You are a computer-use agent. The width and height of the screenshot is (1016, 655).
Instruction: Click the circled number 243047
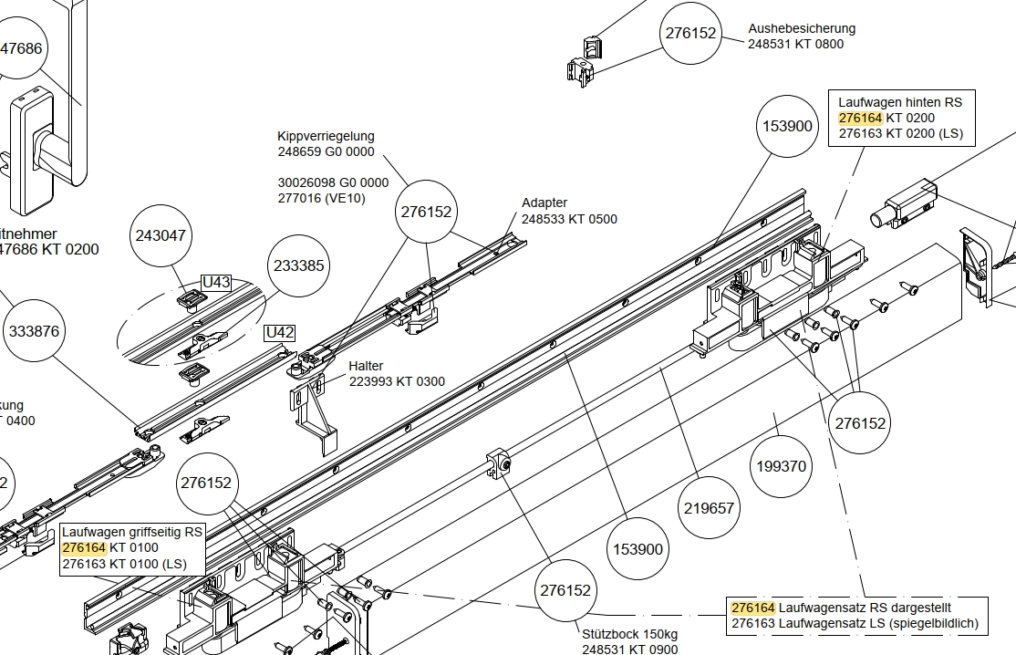click(161, 235)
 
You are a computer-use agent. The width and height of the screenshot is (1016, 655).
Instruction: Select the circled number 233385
click(299, 266)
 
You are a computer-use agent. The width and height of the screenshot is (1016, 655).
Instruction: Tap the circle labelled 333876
click(34, 332)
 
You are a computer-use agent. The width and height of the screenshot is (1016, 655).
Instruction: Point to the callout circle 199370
click(782, 466)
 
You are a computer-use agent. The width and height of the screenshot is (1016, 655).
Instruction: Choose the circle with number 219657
click(709, 508)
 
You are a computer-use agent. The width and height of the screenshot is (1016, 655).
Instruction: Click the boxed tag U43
click(215, 282)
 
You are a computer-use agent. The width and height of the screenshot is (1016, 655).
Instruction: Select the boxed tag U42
click(279, 333)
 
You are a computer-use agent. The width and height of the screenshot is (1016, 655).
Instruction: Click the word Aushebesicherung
click(802, 28)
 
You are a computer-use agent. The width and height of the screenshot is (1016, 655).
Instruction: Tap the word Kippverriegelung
click(326, 136)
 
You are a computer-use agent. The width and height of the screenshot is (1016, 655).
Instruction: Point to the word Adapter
click(544, 203)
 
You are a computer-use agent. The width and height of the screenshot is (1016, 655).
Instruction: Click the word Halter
click(366, 366)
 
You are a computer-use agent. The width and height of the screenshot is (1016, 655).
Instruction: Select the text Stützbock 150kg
click(629, 634)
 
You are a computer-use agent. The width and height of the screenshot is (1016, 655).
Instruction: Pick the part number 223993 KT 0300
click(397, 381)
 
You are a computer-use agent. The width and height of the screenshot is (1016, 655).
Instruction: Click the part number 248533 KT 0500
click(569, 219)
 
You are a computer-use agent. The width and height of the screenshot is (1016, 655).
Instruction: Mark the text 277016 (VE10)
click(322, 198)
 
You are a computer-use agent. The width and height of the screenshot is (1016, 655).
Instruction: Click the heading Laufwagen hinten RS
click(899, 102)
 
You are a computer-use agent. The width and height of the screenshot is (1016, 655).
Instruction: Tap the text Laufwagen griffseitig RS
click(131, 532)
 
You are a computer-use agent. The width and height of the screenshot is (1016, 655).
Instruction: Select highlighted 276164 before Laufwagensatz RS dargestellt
click(752, 608)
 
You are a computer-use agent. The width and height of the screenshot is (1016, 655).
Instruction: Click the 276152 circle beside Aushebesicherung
click(690, 33)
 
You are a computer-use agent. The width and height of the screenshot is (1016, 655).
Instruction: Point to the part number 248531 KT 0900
click(629, 650)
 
